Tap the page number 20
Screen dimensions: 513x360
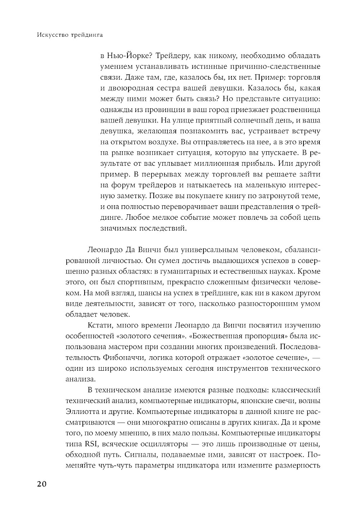[42, 484]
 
